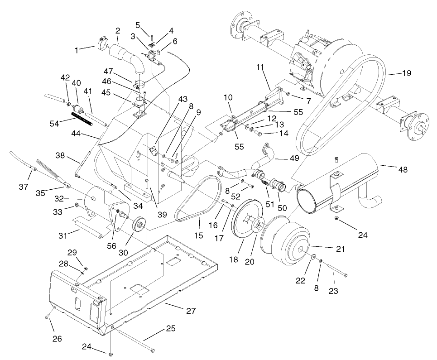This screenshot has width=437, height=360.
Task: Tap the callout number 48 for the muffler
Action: pos(403,170)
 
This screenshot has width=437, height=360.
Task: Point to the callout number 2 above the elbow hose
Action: pos(118,32)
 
